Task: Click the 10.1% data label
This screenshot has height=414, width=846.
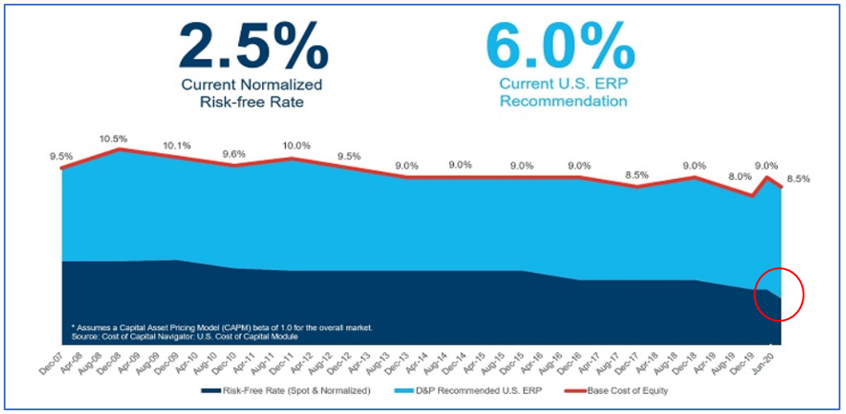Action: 176,145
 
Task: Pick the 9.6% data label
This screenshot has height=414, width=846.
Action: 234,154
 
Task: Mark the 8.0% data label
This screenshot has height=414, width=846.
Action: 740,176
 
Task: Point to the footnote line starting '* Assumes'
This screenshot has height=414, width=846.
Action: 221,327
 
